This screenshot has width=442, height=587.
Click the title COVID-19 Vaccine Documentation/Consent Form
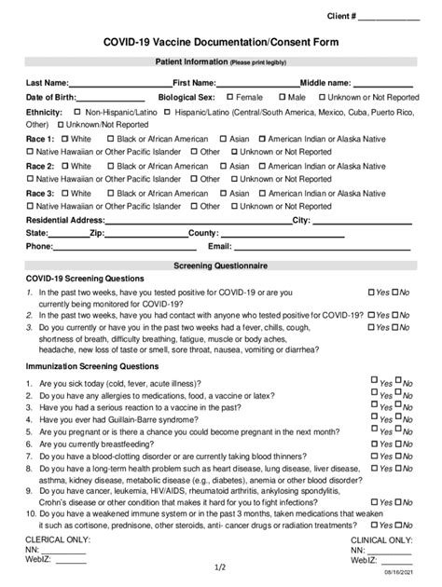[221, 43]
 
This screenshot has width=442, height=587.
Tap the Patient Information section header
[221, 62]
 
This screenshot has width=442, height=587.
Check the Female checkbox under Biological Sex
[228, 96]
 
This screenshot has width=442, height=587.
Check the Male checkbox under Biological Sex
[282, 96]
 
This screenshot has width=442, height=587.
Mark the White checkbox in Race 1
[63, 138]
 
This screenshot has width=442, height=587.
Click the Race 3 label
[39, 193]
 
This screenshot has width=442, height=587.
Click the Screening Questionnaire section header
[221, 266]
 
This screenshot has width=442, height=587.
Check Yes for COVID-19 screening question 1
[372, 292]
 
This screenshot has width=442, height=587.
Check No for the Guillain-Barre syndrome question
[398, 418]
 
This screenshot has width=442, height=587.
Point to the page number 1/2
[220, 567]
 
